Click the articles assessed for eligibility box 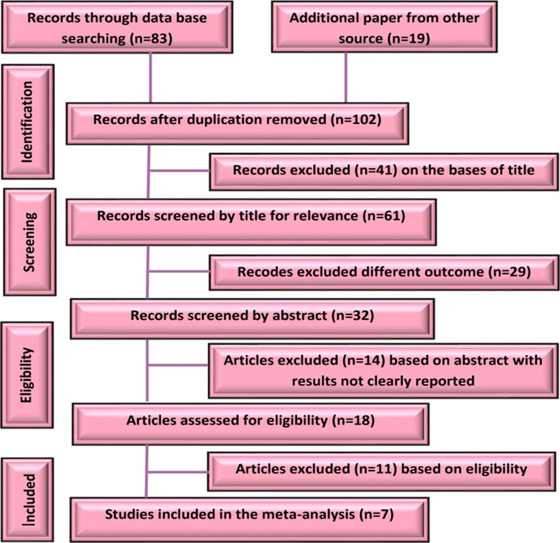(x=251, y=420)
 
